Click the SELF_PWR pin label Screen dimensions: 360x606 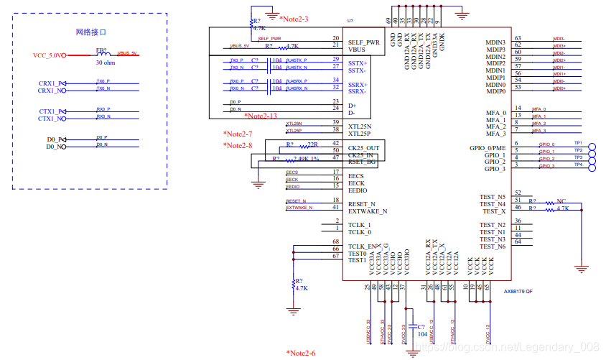pos(363,42)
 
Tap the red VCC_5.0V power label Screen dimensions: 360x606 pos(48,55)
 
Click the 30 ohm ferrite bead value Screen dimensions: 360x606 pos(105,63)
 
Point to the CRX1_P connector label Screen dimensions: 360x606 pos(52,83)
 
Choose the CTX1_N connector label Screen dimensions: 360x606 pos(52,119)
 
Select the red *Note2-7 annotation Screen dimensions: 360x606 pos(238,134)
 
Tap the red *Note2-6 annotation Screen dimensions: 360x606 pos(301,353)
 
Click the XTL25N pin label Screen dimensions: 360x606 pos(361,126)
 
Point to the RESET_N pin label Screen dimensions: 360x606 pos(362,204)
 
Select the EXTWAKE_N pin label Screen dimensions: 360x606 pos(368,211)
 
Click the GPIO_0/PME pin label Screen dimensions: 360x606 pos(488,148)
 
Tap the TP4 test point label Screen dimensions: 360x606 pos(579,165)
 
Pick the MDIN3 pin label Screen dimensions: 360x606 pos(496,43)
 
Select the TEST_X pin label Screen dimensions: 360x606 pos(493,211)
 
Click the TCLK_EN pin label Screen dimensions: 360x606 pos(363,246)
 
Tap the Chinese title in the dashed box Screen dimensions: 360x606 pos(90,32)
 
